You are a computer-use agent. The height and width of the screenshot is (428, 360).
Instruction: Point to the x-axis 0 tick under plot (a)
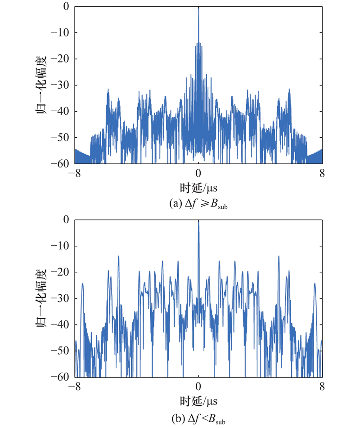pos(198,172)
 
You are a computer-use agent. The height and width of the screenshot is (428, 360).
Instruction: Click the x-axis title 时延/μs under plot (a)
pos(198,186)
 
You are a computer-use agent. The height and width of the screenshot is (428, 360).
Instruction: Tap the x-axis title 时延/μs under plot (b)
pos(198,400)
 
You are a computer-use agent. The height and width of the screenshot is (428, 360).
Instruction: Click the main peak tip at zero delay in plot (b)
pos(198,221)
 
